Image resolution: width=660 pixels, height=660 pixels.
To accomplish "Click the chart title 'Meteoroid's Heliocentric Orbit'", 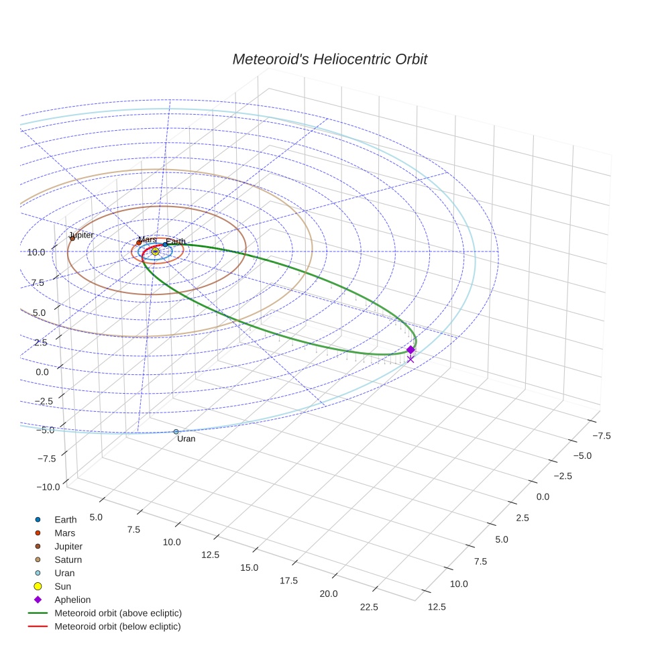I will point(329,60).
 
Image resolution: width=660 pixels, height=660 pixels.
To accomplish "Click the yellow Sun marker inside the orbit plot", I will point(155,252).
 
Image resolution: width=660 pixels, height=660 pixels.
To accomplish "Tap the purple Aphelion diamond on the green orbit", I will point(410,349).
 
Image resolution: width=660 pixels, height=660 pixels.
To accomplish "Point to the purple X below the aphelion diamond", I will point(410,360).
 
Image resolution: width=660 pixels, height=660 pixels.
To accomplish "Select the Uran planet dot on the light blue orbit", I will point(176,432).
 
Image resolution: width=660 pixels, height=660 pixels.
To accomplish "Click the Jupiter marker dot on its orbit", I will point(72,238).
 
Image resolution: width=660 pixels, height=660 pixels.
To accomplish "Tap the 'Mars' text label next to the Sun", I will point(148,239).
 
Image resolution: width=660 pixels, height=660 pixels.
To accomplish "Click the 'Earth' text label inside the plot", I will point(176,241).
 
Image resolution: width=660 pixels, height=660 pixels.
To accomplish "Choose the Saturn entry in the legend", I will point(68,559).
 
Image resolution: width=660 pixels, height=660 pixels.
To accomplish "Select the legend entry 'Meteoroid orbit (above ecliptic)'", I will point(117,613).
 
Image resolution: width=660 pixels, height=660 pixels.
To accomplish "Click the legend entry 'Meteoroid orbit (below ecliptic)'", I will point(117,626).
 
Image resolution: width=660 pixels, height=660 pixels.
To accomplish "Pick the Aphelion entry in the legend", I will point(72,600).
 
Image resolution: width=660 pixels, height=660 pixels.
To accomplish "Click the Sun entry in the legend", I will point(62,586).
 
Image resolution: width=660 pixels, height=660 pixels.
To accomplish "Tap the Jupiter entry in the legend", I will point(68,546).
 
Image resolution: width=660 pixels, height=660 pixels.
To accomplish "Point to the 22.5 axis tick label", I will point(369,607).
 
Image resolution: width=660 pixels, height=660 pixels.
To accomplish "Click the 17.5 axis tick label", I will point(288,580).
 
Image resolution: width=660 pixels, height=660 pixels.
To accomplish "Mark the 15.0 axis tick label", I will point(249,567).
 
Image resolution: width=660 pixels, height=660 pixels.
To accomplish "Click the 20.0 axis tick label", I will point(329,594).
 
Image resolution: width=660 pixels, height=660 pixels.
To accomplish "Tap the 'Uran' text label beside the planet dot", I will point(186,439).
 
